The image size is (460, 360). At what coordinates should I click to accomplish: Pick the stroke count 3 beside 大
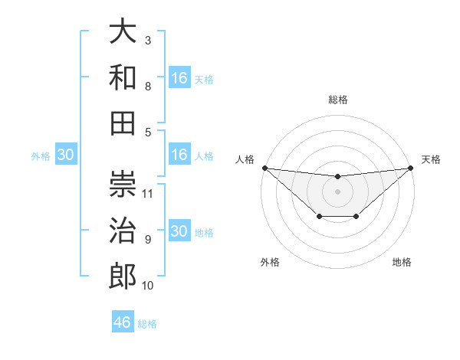148,40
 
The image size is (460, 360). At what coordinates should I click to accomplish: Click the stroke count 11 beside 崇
149,193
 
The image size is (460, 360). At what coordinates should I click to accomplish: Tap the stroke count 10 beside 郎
148,286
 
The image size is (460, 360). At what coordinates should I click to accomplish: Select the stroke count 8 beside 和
148,86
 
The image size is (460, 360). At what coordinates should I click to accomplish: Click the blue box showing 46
123,322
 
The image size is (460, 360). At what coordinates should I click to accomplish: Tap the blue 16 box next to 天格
179,77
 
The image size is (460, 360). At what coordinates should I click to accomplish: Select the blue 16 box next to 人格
179,155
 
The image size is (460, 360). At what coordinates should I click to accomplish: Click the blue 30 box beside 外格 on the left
65,155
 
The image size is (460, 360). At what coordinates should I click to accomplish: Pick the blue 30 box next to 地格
179,232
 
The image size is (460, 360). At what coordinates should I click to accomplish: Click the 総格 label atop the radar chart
337,100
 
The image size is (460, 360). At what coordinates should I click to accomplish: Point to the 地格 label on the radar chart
402,262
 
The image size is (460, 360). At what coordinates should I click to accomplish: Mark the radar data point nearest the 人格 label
264,168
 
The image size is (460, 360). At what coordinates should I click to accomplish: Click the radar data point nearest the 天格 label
411,168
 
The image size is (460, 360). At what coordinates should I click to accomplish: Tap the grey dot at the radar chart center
337,191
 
